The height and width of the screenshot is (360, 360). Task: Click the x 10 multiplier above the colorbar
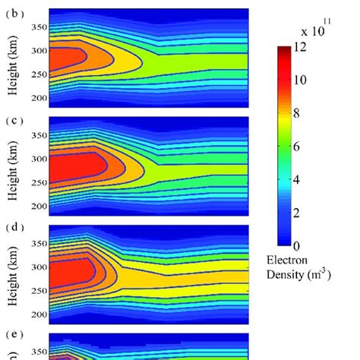click(312, 30)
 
